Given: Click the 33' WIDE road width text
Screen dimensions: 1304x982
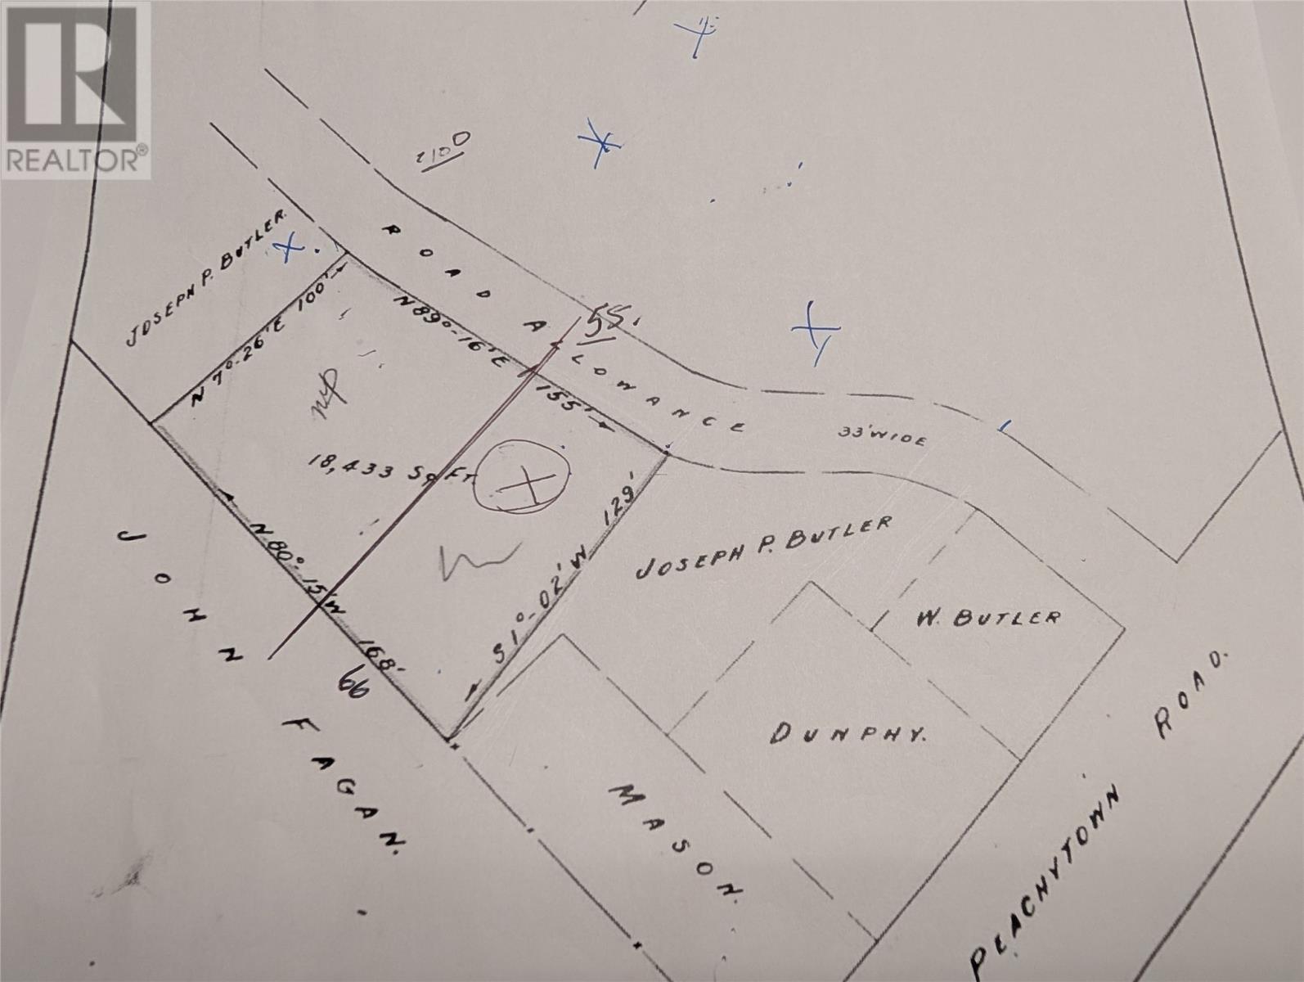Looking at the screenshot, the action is (x=884, y=435).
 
